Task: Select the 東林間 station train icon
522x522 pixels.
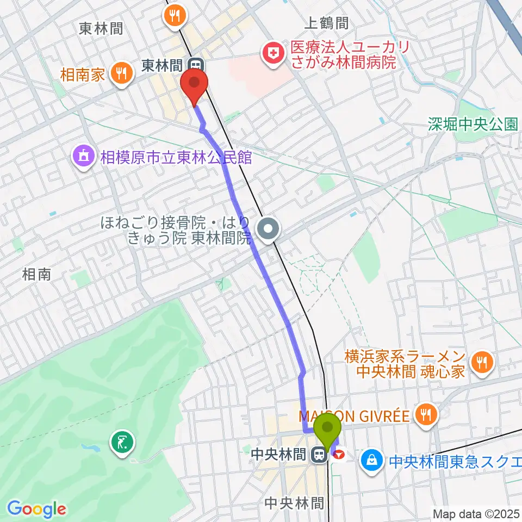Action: pos(196,65)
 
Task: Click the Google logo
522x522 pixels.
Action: pos(36,509)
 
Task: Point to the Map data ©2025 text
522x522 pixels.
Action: pos(477,513)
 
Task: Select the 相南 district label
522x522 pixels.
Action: pos(37,275)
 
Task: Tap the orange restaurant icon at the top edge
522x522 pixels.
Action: pos(174,14)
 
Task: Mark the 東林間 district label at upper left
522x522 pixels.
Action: pos(101,28)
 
